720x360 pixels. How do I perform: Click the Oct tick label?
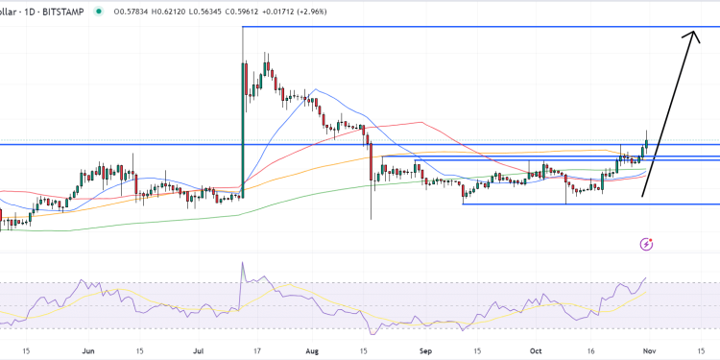[538, 350]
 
